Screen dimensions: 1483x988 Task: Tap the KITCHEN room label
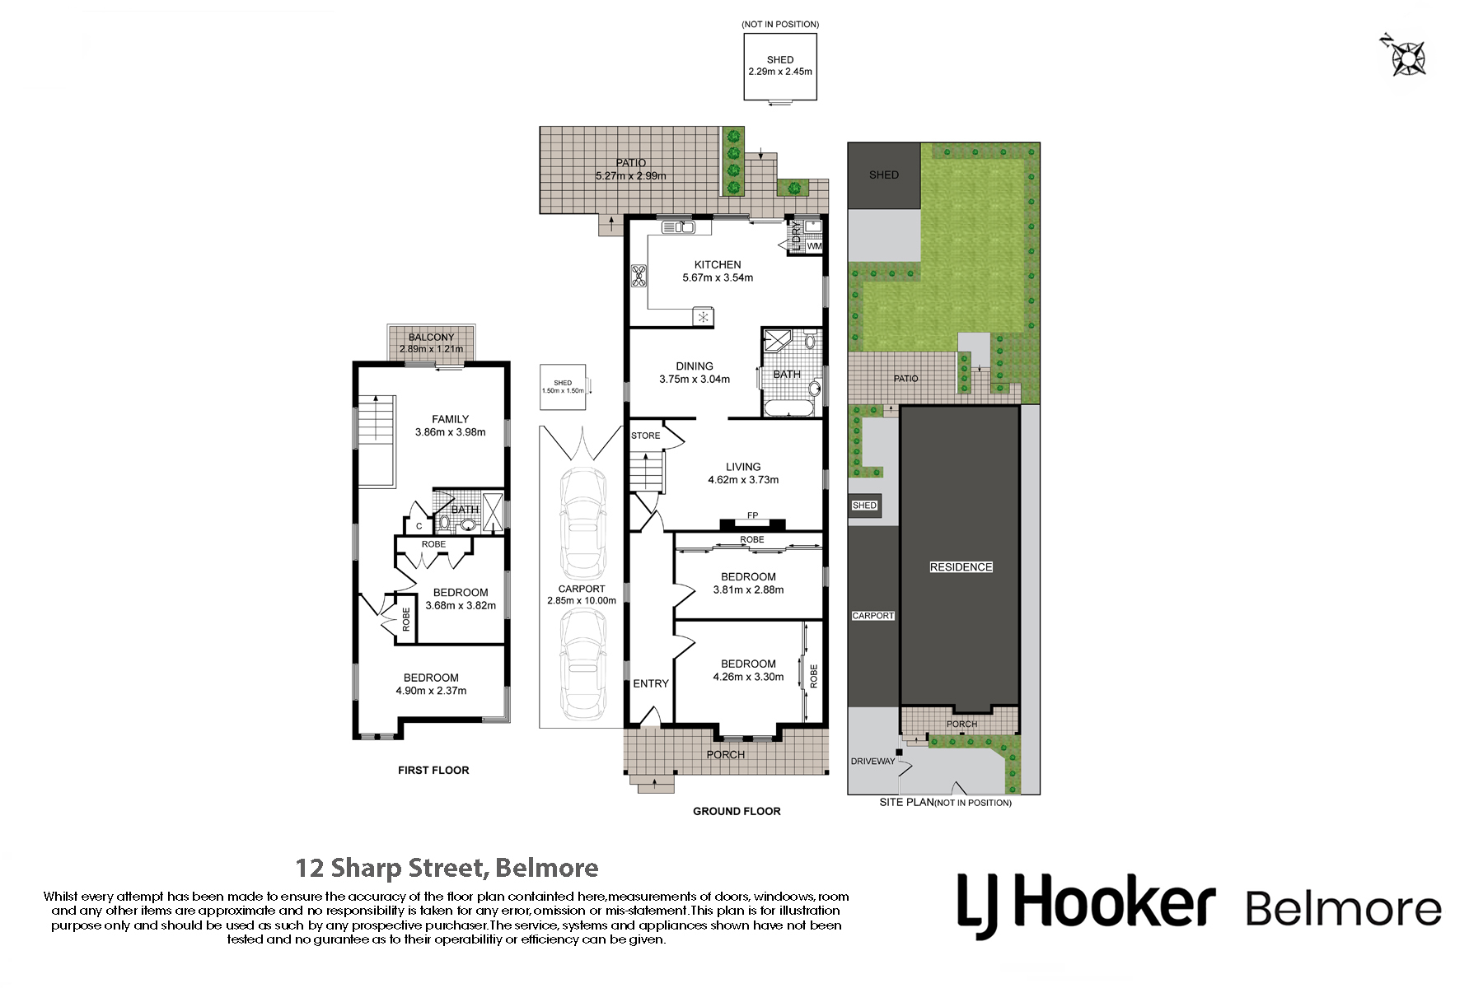point(718,264)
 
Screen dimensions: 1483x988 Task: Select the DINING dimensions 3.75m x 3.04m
point(695,380)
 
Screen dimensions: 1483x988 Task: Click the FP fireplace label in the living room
point(752,515)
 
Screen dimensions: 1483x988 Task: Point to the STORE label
point(646,436)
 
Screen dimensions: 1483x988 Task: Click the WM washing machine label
point(814,246)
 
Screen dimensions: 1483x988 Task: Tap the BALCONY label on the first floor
point(431,338)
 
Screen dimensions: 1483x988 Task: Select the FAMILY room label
point(450,419)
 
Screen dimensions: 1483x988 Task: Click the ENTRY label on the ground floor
point(651,683)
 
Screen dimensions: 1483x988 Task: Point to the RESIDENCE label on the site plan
point(961,566)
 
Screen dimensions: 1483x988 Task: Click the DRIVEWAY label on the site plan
point(872,762)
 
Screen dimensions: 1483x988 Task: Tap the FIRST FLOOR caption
point(433,771)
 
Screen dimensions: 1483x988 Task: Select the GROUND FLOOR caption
point(737,811)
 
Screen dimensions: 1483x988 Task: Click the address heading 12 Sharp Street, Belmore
point(447,868)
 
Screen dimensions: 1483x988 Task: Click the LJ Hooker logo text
point(1086,905)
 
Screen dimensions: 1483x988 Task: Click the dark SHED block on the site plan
point(884,175)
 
